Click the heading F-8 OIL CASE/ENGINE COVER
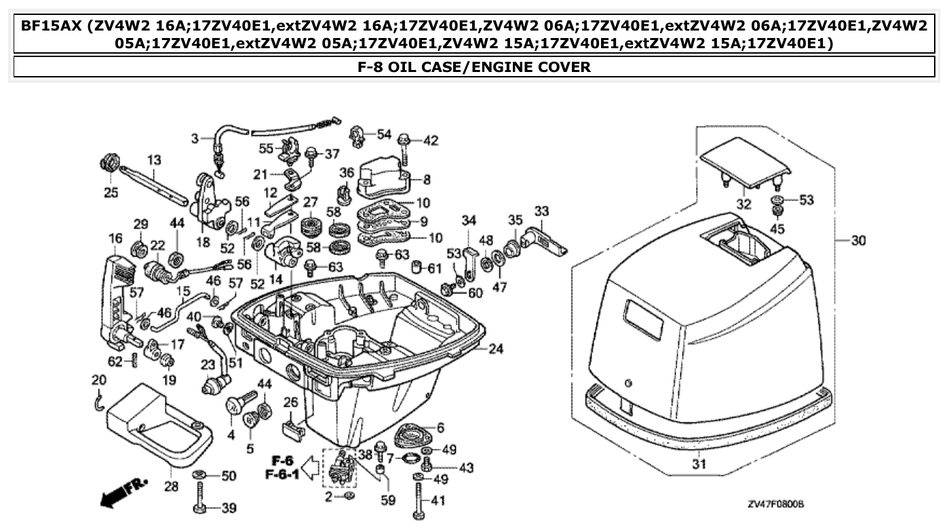coord(474,67)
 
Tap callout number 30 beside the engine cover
coord(859,240)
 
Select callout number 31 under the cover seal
coord(699,465)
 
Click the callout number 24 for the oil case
coord(496,350)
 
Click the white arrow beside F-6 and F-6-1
coord(311,467)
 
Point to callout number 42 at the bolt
coord(431,141)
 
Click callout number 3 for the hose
coord(194,139)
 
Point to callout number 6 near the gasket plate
coord(440,428)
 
